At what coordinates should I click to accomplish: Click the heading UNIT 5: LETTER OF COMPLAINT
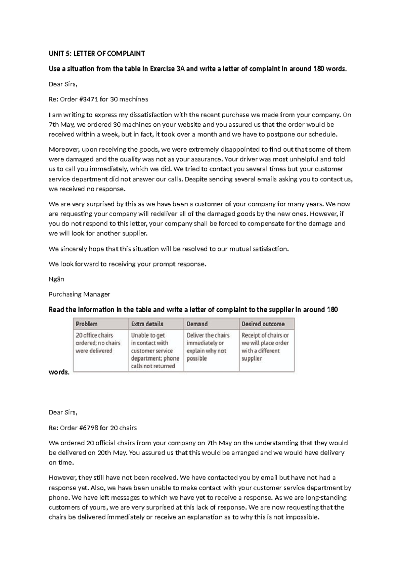(97, 54)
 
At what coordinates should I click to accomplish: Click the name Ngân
(56, 279)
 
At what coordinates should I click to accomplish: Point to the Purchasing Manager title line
(79, 294)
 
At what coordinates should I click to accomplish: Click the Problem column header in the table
(87, 324)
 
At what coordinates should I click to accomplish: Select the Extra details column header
(147, 324)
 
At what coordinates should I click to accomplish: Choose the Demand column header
(197, 324)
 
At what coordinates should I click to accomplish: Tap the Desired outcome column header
(263, 324)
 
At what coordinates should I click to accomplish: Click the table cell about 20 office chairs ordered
(98, 343)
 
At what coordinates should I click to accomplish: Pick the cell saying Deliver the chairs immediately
(208, 347)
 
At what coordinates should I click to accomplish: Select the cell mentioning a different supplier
(265, 347)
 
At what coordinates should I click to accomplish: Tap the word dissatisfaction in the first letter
(150, 115)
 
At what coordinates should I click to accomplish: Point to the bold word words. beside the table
(59, 372)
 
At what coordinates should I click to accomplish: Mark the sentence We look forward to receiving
(127, 264)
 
